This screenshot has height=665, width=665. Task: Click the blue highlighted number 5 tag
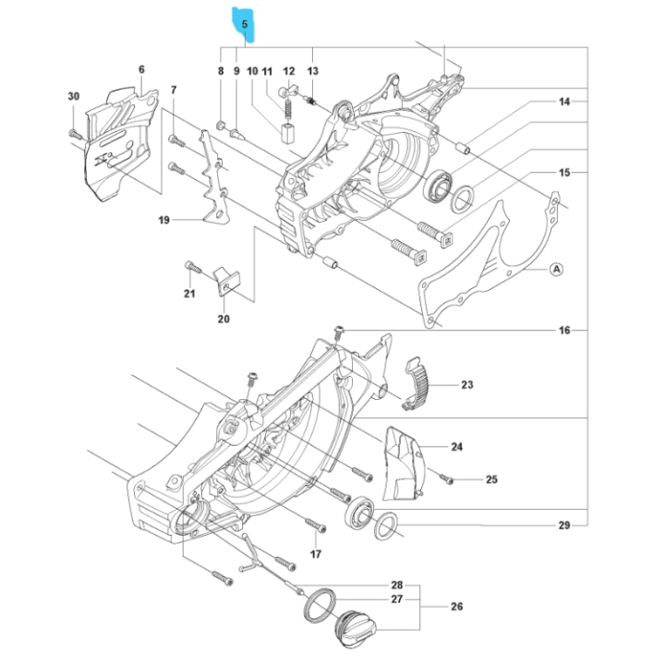(x=245, y=25)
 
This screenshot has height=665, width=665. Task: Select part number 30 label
(x=74, y=96)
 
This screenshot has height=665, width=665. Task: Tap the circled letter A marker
(x=556, y=269)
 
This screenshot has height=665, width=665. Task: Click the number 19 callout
(x=163, y=220)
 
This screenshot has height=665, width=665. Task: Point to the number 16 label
(x=564, y=331)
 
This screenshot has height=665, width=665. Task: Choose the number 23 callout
(x=466, y=385)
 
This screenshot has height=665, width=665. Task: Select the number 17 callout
(x=315, y=554)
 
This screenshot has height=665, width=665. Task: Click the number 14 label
(x=564, y=101)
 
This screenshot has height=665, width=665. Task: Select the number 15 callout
(x=564, y=173)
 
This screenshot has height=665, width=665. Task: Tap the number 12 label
(x=289, y=71)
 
